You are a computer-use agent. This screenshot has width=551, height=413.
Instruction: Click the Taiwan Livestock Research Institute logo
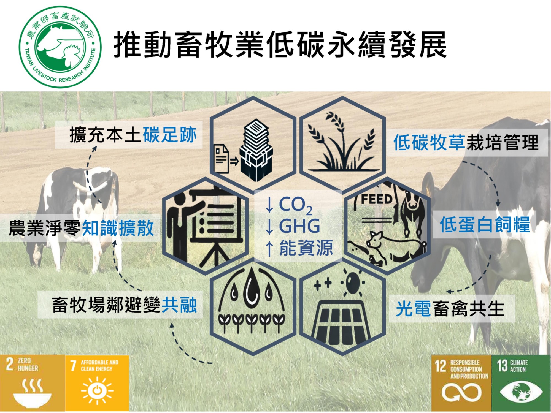(60, 47)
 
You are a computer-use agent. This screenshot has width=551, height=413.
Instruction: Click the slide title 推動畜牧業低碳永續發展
(280, 45)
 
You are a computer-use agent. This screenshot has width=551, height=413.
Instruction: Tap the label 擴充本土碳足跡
(133, 135)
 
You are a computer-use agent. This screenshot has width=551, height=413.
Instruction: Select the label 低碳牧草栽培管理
(466, 143)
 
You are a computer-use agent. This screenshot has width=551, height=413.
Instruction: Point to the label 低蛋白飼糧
(485, 225)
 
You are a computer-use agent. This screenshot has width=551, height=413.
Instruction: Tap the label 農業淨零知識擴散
(81, 228)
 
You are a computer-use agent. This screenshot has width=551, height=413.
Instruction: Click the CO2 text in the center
(296, 205)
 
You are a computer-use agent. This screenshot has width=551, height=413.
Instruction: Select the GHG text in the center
(299, 226)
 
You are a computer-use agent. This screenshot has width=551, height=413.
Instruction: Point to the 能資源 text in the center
(306, 248)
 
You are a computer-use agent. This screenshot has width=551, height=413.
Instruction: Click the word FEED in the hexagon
(377, 199)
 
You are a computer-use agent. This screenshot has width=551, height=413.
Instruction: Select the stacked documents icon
(256, 150)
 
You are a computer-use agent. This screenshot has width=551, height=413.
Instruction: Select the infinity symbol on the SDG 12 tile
(462, 392)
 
